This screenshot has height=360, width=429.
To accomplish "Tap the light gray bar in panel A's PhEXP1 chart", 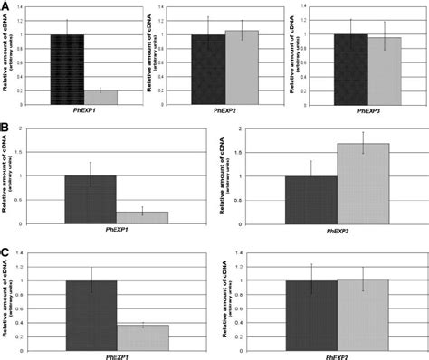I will (100, 97).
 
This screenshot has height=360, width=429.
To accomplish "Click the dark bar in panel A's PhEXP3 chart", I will (348, 69).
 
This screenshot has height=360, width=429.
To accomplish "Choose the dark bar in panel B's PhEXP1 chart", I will (91, 199).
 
